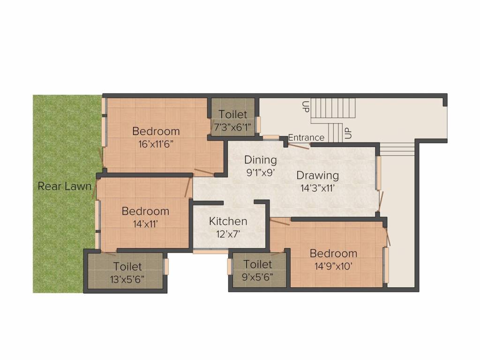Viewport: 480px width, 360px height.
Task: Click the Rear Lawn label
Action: [64, 186]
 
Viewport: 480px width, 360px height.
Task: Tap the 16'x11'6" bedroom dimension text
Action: [156, 144]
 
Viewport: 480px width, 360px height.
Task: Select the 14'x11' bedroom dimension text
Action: [145, 224]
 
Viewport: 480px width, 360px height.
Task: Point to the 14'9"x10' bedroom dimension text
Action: [333, 266]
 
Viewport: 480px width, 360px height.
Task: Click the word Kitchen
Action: [228, 221]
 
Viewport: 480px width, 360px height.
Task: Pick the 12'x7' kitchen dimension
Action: [228, 233]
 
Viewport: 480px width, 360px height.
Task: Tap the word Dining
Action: [260, 160]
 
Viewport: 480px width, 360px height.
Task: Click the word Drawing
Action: [317, 175]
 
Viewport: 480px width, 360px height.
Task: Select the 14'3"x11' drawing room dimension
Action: [317, 188]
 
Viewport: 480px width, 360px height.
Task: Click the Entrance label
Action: [306, 137]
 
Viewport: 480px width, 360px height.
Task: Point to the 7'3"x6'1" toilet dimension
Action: [232, 127]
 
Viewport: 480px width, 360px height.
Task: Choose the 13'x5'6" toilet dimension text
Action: [127, 279]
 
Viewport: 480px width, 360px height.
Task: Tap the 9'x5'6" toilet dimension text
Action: [257, 277]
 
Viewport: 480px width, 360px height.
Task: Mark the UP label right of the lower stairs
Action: [348, 133]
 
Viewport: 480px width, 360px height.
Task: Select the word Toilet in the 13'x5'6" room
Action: [127, 267]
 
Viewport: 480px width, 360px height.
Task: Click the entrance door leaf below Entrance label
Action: [298, 146]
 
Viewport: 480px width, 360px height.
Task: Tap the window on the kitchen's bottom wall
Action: [210, 252]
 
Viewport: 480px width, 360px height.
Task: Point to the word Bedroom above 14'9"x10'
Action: [333, 254]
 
